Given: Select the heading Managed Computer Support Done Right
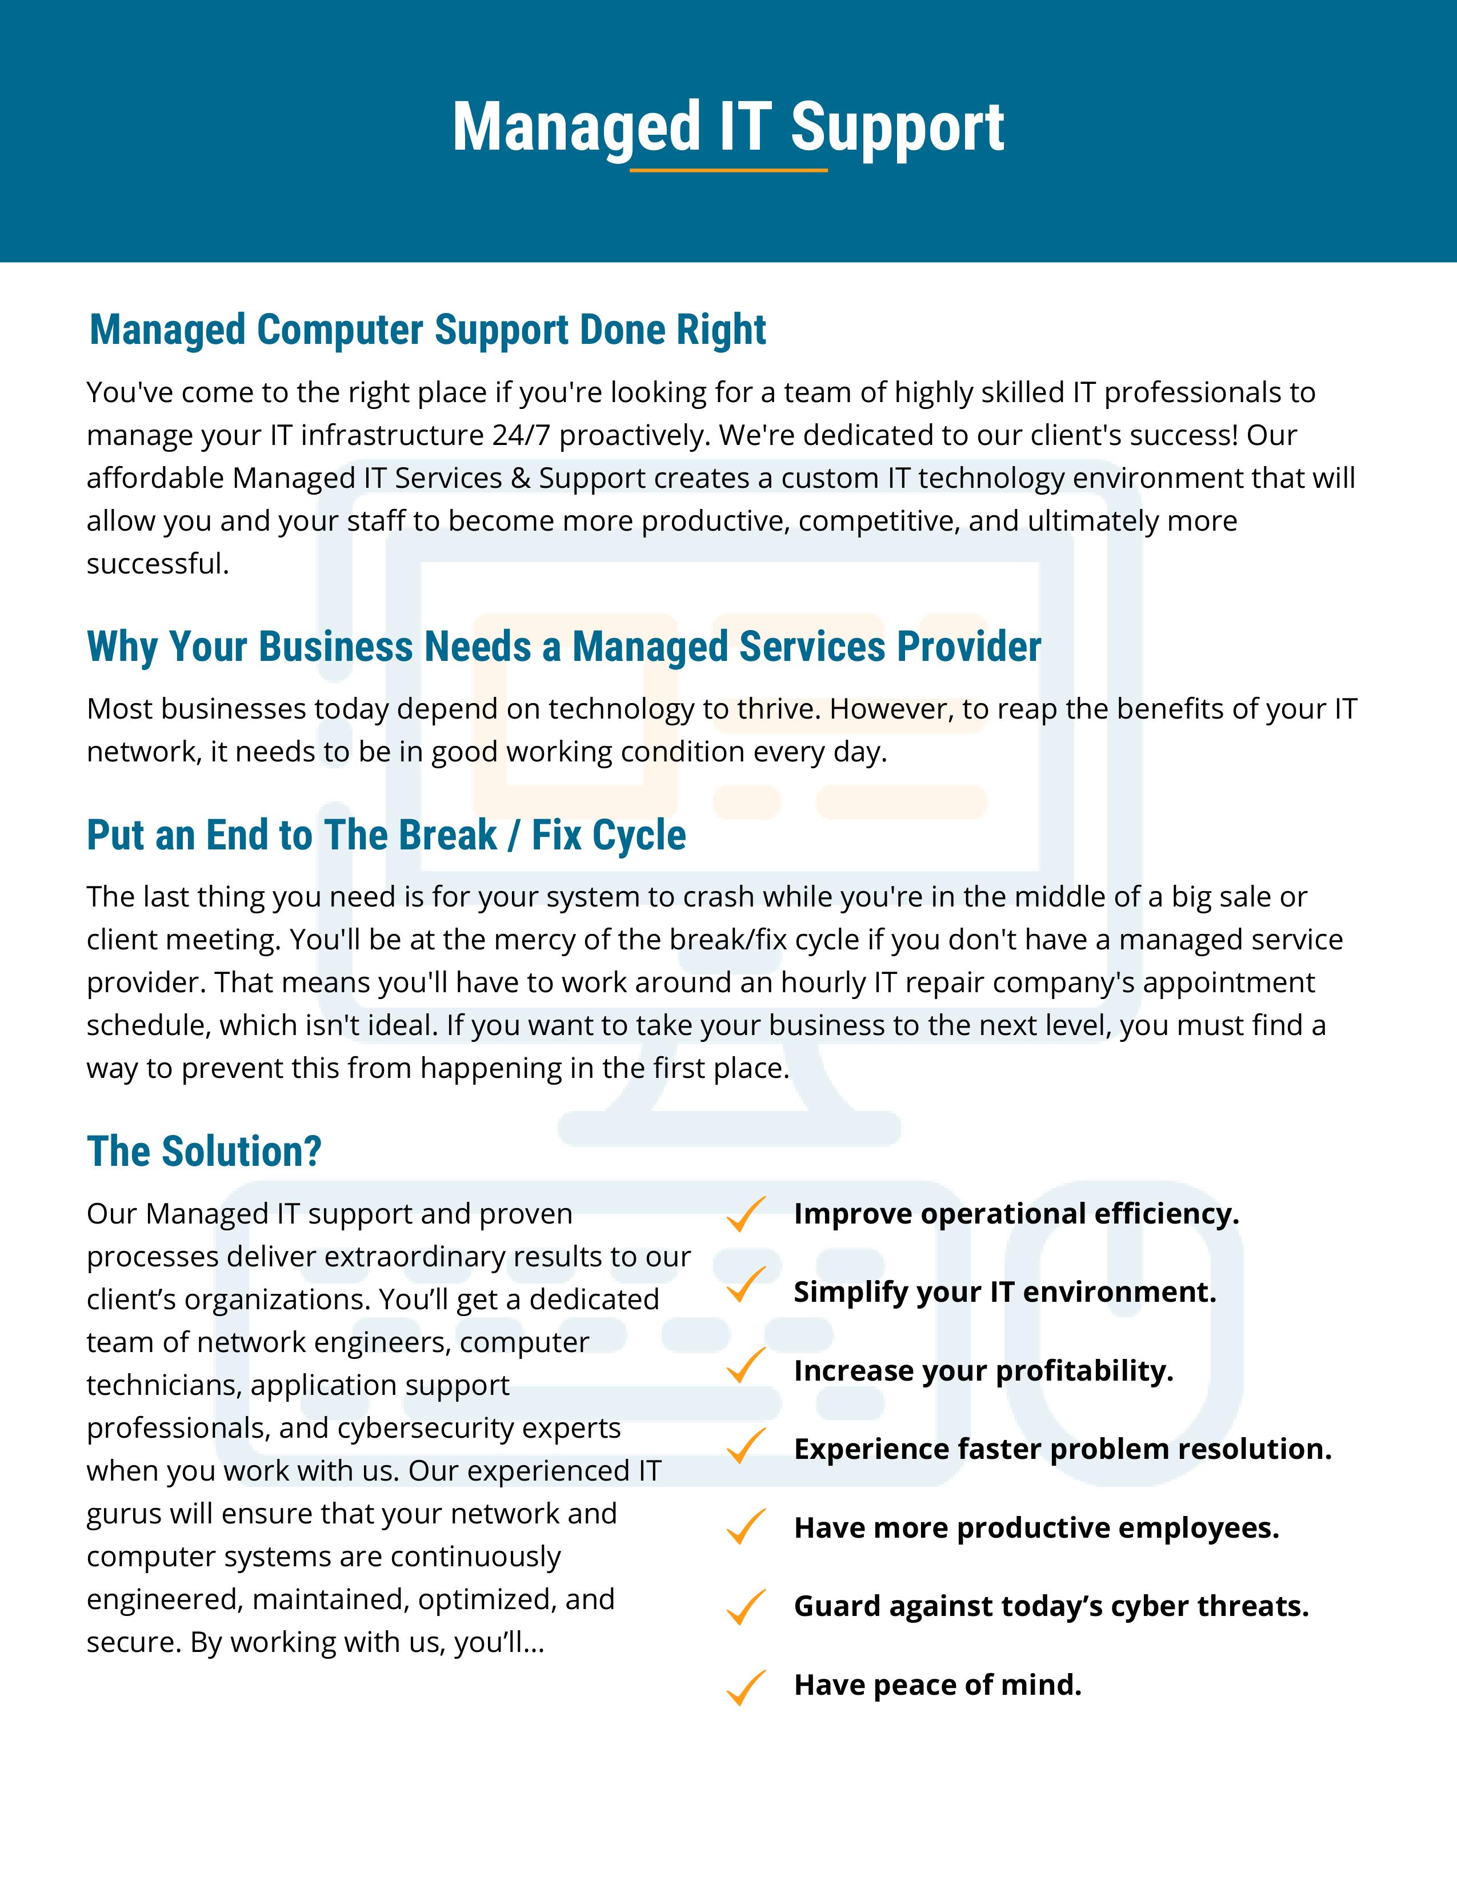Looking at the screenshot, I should [x=427, y=330].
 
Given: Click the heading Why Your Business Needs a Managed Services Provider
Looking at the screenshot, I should [x=563, y=647].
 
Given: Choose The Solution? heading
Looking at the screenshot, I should [x=204, y=1152].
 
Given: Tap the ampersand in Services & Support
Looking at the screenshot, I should [x=521, y=478].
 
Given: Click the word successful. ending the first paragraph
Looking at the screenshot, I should [x=157, y=564].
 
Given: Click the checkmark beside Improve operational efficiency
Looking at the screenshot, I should [x=745, y=1214].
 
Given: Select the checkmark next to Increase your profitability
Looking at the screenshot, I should [x=745, y=1365].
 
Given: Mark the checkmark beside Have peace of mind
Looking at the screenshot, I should [x=745, y=1687].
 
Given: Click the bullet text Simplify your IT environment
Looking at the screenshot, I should [x=1004, y=1292].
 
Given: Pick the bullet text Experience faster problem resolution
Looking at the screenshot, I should [x=1063, y=1449].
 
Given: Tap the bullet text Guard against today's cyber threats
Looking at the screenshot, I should [x=1051, y=1606].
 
